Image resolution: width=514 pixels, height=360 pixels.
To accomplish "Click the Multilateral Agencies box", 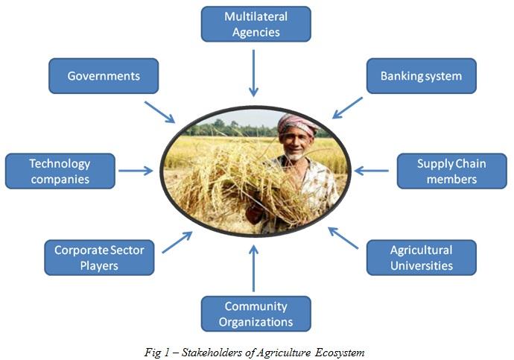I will point(256,24).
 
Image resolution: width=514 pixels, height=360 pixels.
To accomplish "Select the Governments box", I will point(104,76).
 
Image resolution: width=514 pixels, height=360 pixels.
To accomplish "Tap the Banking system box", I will point(421,76).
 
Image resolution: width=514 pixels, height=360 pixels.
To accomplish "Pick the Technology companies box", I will point(60,171).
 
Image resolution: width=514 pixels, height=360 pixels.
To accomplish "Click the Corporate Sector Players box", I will point(99,257).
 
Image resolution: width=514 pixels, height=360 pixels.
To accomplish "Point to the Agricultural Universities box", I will point(421,257).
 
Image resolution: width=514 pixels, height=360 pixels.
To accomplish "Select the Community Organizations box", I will point(256,314).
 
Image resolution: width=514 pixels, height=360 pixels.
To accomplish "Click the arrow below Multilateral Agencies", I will point(254,73).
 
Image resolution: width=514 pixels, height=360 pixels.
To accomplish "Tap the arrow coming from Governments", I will point(159,112).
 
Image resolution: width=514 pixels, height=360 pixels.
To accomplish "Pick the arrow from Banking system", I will point(348,107).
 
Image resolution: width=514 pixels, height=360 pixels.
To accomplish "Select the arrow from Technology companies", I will point(136,171).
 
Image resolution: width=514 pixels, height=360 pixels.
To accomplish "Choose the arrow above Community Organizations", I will point(254,268).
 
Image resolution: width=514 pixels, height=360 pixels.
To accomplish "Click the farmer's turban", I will point(296,122).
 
